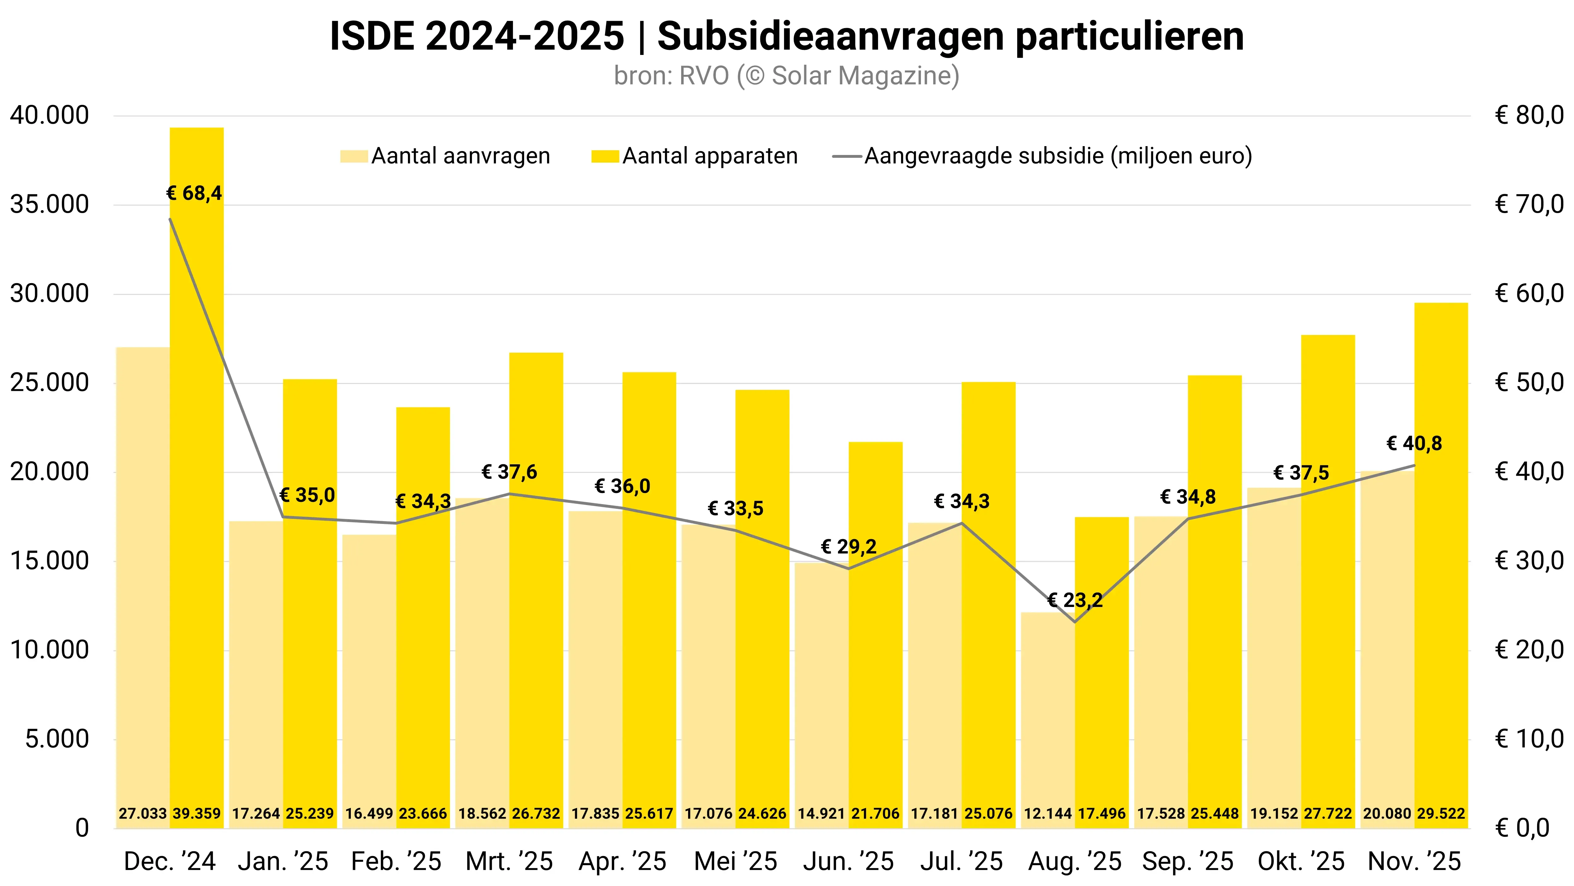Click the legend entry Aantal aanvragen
point(460,157)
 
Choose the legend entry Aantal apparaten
point(710,157)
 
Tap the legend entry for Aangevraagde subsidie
point(1058,157)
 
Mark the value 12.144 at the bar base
point(1047,814)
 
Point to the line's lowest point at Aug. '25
point(1075,622)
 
